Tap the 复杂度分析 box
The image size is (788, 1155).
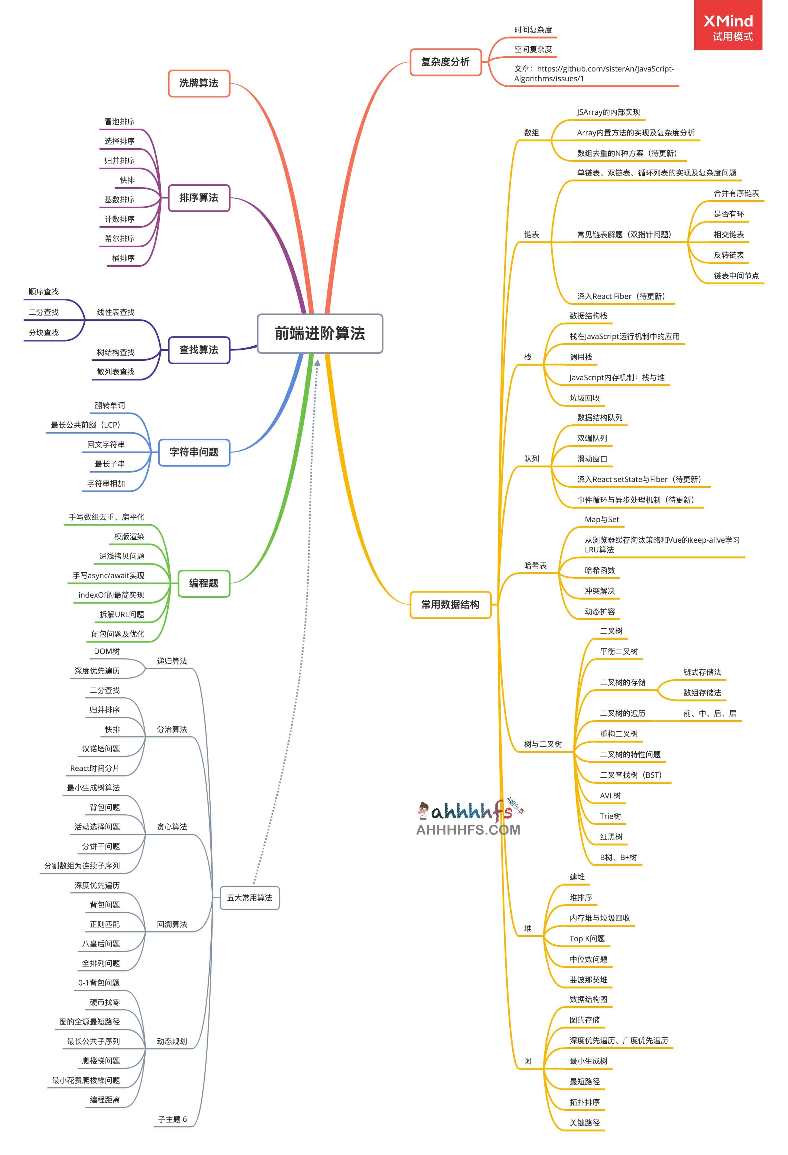point(445,62)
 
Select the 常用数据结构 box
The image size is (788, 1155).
point(450,605)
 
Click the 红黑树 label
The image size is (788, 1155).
point(611,837)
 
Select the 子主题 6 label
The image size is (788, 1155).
point(173,1119)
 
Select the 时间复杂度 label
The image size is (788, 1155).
point(533,30)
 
